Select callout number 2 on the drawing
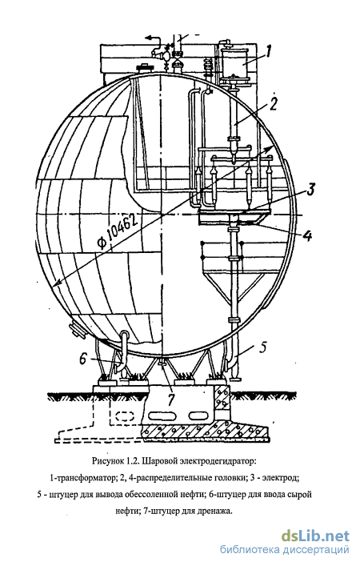pyautogui.click(x=272, y=104)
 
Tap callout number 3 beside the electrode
pyautogui.click(x=310, y=189)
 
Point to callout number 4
pyautogui.click(x=307, y=235)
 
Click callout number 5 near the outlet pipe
pyautogui.click(x=262, y=347)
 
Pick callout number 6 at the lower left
pyautogui.click(x=83, y=359)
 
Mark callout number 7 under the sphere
pyautogui.click(x=170, y=399)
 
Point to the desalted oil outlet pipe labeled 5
pyautogui.click(x=234, y=357)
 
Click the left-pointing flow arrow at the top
pyautogui.click(x=153, y=37)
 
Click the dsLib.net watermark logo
pyautogui.click(x=316, y=536)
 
